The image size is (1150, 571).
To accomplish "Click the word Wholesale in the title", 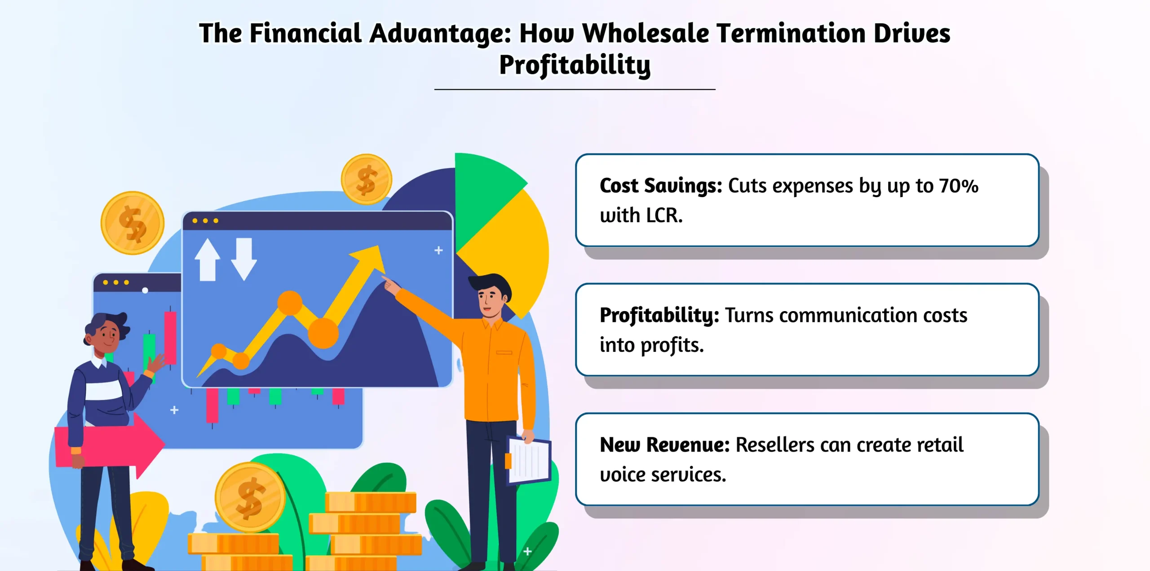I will (x=645, y=34).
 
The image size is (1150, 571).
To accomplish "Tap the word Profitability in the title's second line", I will (x=575, y=66).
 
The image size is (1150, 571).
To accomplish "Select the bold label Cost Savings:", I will (x=660, y=186).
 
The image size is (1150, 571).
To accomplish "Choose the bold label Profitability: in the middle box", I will (x=659, y=315).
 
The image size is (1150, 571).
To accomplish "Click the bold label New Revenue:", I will (x=664, y=445).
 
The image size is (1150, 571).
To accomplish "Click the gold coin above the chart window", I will (x=366, y=179).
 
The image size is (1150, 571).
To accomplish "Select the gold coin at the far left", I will (x=133, y=223).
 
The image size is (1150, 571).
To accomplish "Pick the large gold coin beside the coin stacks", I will (x=250, y=497).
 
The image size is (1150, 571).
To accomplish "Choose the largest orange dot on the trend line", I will (x=323, y=333).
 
